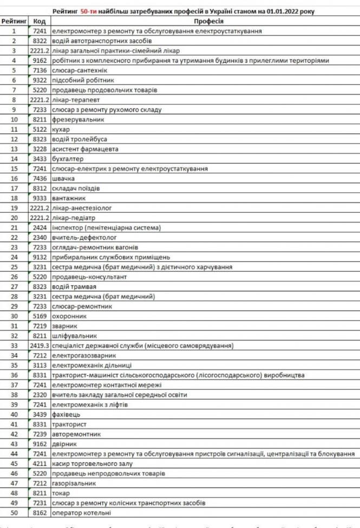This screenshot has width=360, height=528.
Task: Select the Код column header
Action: pos(38,21)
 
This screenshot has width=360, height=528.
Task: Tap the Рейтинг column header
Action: pos(14,21)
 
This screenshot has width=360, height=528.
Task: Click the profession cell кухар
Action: pos(61,129)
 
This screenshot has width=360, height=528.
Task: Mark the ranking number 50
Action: pos(14,512)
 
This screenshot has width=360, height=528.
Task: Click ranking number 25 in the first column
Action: pos(14,267)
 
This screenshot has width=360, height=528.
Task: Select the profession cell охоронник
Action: pos(69,316)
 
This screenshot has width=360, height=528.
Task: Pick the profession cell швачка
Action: pos(63,178)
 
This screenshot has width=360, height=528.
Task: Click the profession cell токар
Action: pos(61,493)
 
